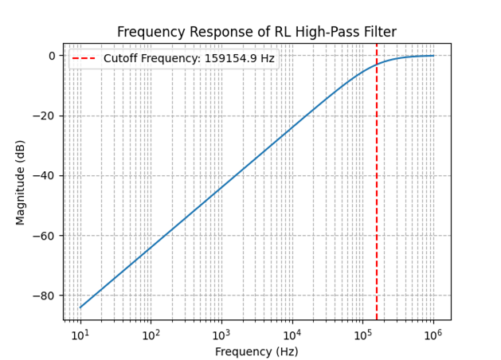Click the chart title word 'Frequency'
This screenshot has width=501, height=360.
coord(146,33)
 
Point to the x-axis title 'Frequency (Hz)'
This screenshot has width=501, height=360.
coord(256,351)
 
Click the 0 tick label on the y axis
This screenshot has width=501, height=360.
coord(51,56)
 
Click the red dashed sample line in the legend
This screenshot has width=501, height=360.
coord(85,59)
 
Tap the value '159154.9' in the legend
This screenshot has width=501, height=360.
coord(227,59)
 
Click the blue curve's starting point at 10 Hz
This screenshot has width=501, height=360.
coord(80,307)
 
